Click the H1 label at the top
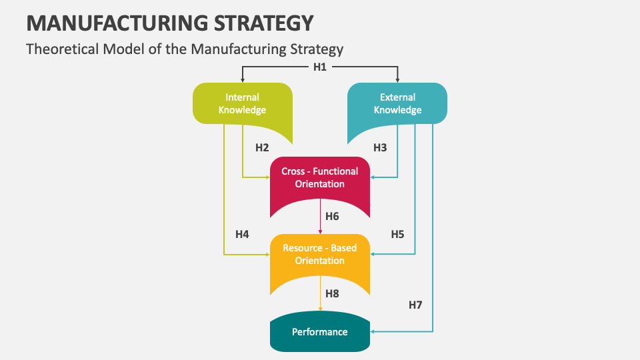click(x=320, y=67)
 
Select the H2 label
click(x=262, y=147)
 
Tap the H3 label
click(x=380, y=147)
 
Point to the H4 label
click(x=242, y=234)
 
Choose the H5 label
click(x=398, y=234)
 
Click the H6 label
click(x=332, y=216)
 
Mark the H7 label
click(x=415, y=305)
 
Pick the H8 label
click(x=332, y=293)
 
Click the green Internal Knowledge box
click(x=242, y=104)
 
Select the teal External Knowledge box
click(x=397, y=104)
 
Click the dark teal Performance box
click(x=319, y=332)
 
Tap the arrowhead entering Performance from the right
click(x=373, y=331)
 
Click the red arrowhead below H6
click(x=321, y=231)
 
